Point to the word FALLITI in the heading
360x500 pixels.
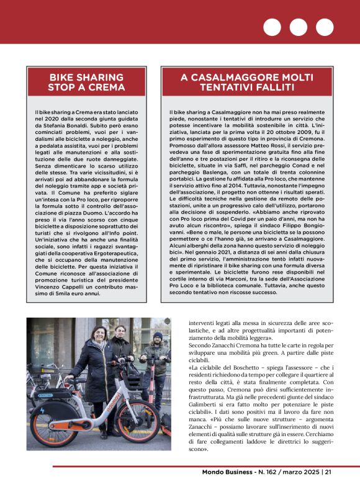tap(280, 88)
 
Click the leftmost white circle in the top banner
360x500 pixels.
tap(272, 27)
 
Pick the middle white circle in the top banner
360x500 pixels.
tap(298, 27)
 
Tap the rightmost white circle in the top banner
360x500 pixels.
tap(324, 27)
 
